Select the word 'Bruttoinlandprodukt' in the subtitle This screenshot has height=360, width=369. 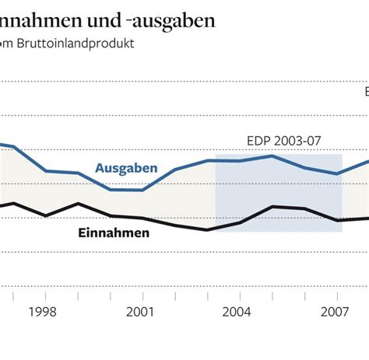pos(81,44)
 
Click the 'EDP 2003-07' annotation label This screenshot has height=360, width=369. pos(283,141)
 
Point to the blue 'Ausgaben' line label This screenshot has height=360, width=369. pos(126,169)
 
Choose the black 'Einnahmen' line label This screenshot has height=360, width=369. pos(114,232)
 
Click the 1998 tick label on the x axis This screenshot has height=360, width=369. pos(43,311)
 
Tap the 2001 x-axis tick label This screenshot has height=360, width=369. pos(140,311)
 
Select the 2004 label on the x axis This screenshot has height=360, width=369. pos(237,311)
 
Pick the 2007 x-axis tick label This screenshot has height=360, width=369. pos(334,311)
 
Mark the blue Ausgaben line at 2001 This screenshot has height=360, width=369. pos(141,190)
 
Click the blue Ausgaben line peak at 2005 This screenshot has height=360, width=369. pos(271,156)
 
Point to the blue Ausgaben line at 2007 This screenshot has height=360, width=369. pos(336,173)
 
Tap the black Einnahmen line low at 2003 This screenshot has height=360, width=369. pos(206,229)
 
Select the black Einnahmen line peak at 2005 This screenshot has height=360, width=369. pos(271,206)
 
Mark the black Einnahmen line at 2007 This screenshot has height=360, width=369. pos(336,220)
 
